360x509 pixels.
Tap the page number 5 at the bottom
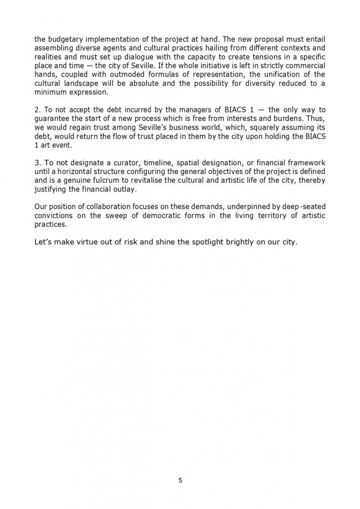[x=180, y=480]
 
